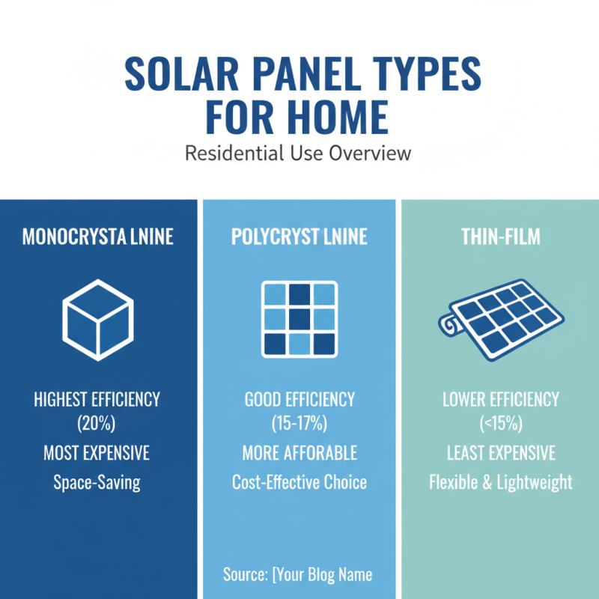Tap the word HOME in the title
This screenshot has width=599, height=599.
point(340,118)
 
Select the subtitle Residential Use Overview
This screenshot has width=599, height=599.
point(298,154)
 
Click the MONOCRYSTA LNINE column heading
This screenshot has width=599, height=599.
point(98,237)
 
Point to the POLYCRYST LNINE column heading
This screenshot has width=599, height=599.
point(299,237)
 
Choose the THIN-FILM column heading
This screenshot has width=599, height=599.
point(500,237)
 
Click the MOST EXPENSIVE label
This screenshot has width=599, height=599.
point(97,453)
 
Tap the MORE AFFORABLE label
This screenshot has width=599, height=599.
point(299,453)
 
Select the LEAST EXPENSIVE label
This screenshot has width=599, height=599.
point(500,453)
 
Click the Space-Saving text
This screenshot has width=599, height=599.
point(97,481)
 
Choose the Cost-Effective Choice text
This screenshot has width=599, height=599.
point(299,481)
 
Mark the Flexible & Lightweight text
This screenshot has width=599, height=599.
point(500,481)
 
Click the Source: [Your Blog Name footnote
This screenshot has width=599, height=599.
point(298,575)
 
